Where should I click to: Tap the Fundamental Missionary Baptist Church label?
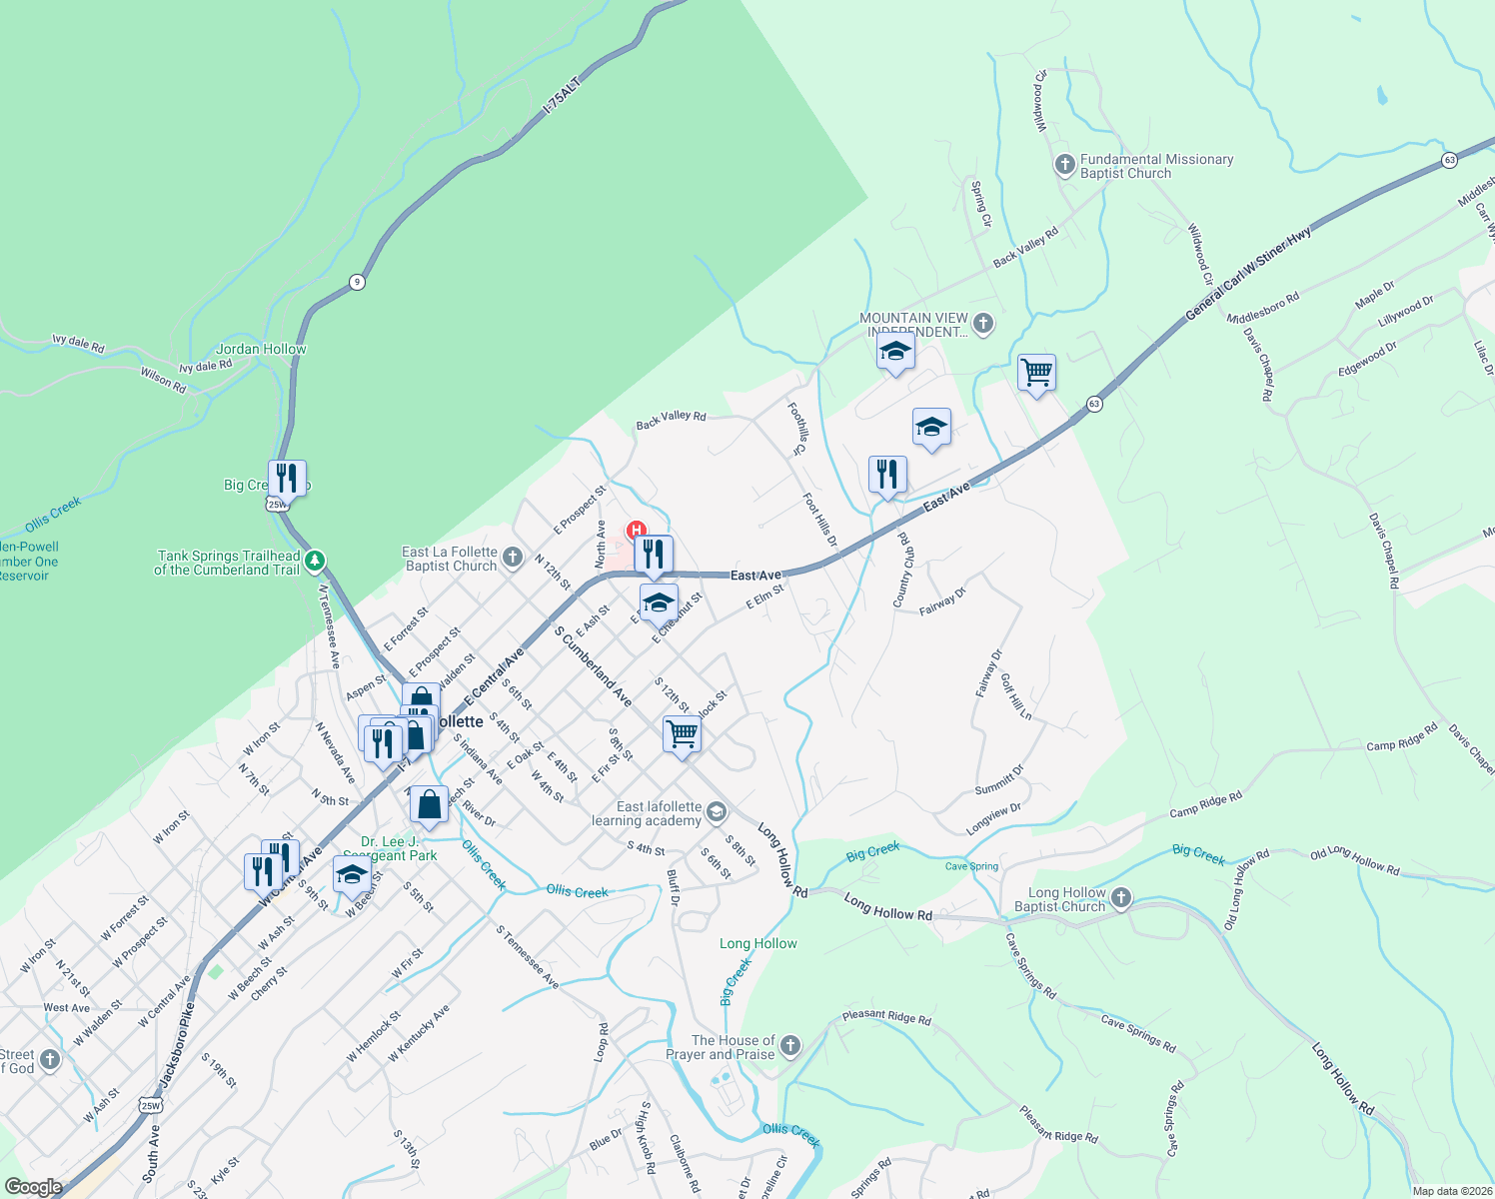[x=1156, y=166]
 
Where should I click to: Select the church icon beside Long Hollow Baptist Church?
[x=1121, y=898]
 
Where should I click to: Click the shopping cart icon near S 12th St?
[x=682, y=734]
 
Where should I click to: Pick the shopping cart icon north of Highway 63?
[x=1036, y=373]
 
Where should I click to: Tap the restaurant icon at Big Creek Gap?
[x=287, y=478]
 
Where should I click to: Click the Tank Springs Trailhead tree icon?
[x=315, y=561]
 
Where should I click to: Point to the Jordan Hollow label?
[x=261, y=349]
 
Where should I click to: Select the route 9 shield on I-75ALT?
[x=357, y=282]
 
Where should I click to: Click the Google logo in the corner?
[x=33, y=1186]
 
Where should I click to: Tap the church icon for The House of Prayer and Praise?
[x=790, y=1046]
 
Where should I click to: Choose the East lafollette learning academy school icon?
[x=716, y=811]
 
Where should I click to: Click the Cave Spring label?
[x=971, y=866]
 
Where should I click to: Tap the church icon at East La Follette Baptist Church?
[x=513, y=557]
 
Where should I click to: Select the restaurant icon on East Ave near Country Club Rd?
[x=886, y=475]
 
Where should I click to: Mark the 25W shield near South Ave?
[x=150, y=1105]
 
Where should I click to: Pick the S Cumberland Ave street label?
[x=594, y=665]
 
